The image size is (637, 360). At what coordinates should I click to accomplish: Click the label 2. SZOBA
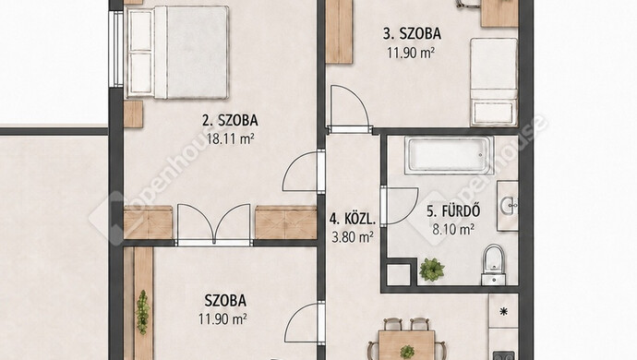(230, 120)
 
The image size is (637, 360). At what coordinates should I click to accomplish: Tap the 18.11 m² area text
(231, 139)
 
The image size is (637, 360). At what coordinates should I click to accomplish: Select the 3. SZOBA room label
(412, 34)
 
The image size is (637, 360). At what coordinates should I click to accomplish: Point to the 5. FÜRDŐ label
(453, 211)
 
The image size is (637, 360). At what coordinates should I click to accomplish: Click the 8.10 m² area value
(453, 230)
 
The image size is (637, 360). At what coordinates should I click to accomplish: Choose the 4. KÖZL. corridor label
(353, 220)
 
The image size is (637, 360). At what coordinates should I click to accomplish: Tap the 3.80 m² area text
(353, 237)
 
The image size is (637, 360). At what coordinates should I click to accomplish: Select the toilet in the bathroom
(494, 265)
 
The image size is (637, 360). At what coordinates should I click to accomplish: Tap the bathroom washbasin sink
(508, 206)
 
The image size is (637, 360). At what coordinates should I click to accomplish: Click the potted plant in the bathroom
(432, 269)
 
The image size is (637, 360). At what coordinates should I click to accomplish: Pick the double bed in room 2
(177, 53)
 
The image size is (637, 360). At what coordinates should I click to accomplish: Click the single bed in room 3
(494, 81)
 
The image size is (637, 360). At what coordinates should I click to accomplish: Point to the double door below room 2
(213, 224)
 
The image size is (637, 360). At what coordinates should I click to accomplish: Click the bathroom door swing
(401, 206)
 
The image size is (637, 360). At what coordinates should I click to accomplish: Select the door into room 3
(349, 108)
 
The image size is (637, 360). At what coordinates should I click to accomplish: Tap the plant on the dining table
(406, 351)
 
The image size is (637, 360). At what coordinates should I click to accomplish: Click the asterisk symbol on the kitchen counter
(504, 312)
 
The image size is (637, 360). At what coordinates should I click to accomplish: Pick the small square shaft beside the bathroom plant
(399, 275)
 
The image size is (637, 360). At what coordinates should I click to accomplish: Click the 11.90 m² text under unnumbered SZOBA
(222, 319)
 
